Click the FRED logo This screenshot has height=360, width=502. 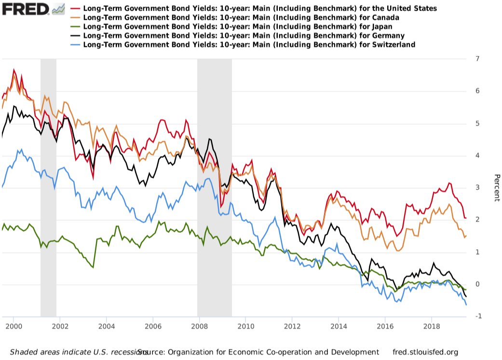point(27,8)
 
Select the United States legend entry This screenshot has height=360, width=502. point(260,9)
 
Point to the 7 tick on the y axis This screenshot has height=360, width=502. point(477,59)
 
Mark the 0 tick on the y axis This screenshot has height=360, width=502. point(477,284)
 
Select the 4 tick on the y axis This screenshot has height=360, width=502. point(477,156)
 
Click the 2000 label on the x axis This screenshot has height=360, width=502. point(14,326)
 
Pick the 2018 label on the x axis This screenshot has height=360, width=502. point(431,326)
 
